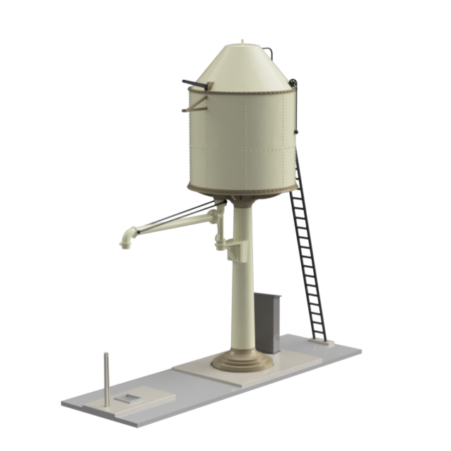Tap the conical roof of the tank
(240, 67)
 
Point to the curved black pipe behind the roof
(269, 52)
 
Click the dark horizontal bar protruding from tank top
(197, 83)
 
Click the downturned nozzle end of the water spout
(126, 241)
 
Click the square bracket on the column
(235, 247)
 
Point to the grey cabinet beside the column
(268, 322)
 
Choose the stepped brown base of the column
(242, 361)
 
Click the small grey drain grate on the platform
(128, 399)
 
